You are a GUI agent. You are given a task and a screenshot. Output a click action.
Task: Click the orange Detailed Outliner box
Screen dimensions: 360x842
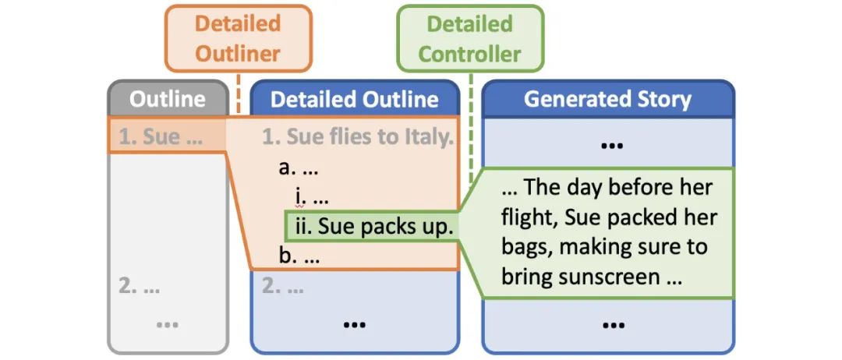[x=238, y=38]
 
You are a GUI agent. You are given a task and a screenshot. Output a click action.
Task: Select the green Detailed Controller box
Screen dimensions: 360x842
[x=470, y=38]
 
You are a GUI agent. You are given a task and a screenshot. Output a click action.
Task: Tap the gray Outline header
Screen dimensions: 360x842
[x=168, y=99]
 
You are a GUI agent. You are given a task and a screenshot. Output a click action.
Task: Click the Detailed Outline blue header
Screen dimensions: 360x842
[x=354, y=99]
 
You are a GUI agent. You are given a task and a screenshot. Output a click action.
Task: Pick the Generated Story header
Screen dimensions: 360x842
[x=607, y=99]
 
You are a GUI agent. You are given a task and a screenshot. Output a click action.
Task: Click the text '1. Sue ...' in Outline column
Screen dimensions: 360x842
[x=160, y=138]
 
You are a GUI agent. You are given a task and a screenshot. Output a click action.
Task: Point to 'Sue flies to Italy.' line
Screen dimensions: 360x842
[x=357, y=138]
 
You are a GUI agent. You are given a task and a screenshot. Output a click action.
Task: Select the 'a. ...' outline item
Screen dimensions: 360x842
[x=299, y=168]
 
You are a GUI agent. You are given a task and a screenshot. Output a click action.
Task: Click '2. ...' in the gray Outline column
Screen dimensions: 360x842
[x=140, y=286]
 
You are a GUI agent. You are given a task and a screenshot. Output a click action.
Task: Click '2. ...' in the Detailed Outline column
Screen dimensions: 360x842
[x=283, y=286]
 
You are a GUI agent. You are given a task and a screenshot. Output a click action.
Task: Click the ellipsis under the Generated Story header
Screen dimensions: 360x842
[x=607, y=144]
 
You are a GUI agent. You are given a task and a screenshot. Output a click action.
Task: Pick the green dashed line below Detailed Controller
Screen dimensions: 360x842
[x=471, y=125]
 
